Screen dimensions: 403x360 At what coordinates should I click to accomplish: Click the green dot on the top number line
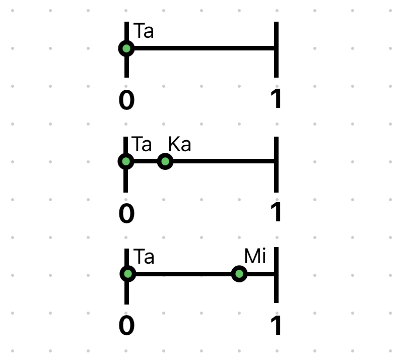pyautogui.click(x=126, y=48)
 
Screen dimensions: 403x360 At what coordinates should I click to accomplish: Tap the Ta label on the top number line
pyautogui.click(x=144, y=31)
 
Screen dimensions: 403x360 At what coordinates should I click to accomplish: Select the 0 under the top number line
pyautogui.click(x=126, y=100)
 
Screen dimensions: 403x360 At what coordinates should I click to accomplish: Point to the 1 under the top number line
pyautogui.click(x=276, y=99)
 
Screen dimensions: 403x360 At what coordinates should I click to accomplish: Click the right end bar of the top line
pyautogui.click(x=276, y=49)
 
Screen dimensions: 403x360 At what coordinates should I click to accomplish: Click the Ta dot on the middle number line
pyautogui.click(x=125, y=161)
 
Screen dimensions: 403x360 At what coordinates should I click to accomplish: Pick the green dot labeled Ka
pyautogui.click(x=165, y=161)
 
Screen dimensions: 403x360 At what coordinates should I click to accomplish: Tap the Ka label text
pyautogui.click(x=179, y=144)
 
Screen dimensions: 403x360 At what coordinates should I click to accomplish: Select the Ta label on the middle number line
pyautogui.click(x=142, y=144)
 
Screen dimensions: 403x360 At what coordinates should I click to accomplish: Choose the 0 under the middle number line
pyautogui.click(x=126, y=213)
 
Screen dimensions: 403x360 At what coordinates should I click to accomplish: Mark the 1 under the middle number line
pyautogui.click(x=276, y=212)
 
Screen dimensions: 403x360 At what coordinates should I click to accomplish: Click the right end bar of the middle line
pyautogui.click(x=276, y=164)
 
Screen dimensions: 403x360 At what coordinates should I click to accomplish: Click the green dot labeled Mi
pyautogui.click(x=239, y=274)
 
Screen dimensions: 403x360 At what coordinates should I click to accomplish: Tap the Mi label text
pyautogui.click(x=255, y=256)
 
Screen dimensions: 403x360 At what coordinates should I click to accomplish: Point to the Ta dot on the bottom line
pyautogui.click(x=128, y=274)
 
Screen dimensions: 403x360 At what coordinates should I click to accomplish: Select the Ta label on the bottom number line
pyautogui.click(x=144, y=257)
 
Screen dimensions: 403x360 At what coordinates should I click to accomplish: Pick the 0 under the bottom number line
pyautogui.click(x=126, y=326)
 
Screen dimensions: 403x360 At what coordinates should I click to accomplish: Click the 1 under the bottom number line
pyautogui.click(x=276, y=325)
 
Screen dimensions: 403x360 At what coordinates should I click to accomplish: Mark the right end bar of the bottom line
pyautogui.click(x=276, y=275)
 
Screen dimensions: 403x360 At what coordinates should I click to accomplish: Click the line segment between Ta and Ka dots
pyautogui.click(x=146, y=161)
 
